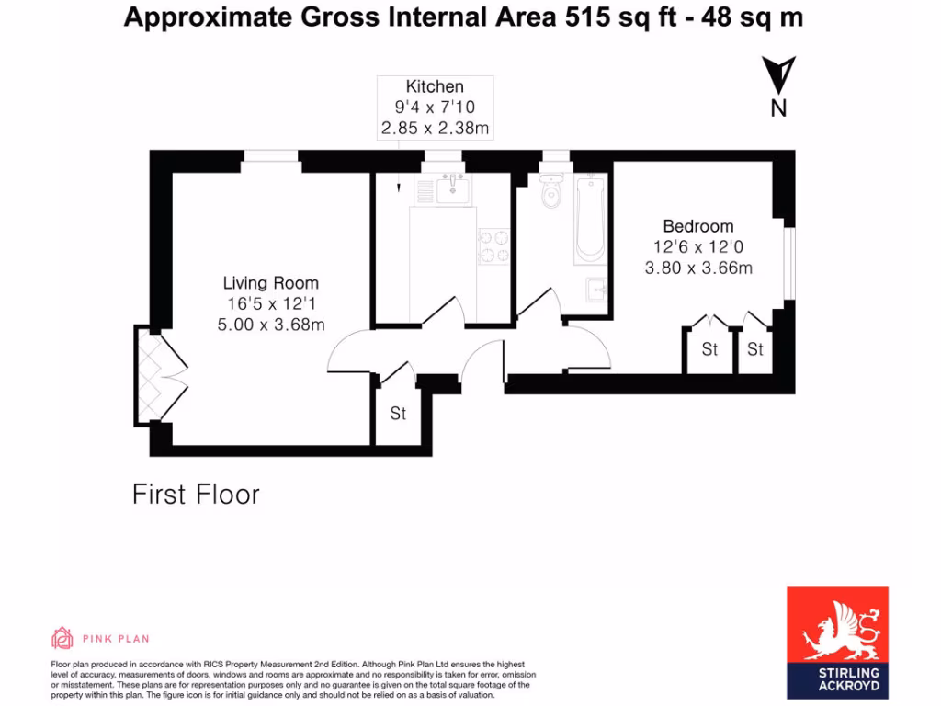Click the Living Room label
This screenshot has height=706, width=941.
(x=271, y=283)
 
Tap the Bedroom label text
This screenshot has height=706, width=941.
(x=698, y=226)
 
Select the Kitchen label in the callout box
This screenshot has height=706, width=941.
(x=435, y=87)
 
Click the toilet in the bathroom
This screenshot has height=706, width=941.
(x=551, y=194)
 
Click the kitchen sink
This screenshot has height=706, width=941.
(x=454, y=191)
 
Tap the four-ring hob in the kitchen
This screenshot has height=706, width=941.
(x=493, y=245)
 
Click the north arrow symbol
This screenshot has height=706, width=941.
(x=779, y=75)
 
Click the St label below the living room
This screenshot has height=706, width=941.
(x=398, y=414)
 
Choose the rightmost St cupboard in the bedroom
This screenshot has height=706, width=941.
(x=755, y=349)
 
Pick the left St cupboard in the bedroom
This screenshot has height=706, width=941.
(x=709, y=349)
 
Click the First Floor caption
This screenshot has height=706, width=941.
(x=196, y=495)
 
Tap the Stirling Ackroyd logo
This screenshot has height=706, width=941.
(x=837, y=643)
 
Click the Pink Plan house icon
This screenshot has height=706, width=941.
(x=62, y=638)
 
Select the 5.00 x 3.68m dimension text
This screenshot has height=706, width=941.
(x=271, y=324)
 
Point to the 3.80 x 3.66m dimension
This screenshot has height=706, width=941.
(x=698, y=268)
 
